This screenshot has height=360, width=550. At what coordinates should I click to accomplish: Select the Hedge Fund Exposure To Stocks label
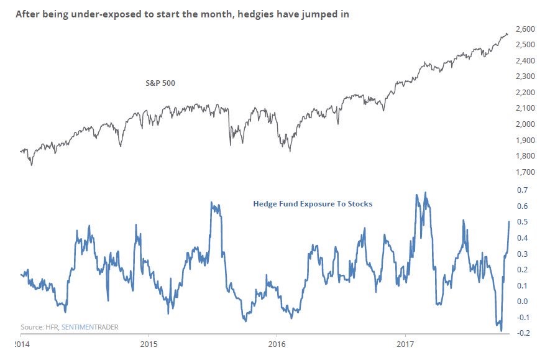pos(313,203)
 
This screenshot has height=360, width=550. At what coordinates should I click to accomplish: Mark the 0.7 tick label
pos(526,190)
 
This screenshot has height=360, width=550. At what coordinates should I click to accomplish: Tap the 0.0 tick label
pos(526,302)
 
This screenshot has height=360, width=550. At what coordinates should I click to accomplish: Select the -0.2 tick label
pos(525,333)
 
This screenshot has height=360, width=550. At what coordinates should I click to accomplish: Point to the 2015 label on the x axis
pos(149,343)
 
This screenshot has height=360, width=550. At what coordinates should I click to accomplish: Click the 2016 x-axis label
pos(277,343)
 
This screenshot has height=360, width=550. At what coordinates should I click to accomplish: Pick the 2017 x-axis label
pos(405,343)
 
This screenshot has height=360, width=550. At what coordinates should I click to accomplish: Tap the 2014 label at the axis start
pos(21,343)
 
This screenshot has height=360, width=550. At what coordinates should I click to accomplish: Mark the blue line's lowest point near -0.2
pos(501,331)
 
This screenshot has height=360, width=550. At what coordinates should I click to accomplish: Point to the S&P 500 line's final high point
pos(506,33)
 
